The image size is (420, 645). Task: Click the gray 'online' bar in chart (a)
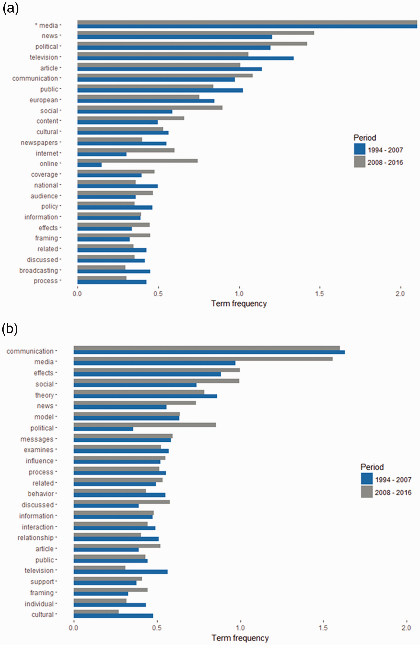(x=137, y=161)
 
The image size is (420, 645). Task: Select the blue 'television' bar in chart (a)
(x=185, y=58)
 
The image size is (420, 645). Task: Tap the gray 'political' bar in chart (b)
(x=145, y=425)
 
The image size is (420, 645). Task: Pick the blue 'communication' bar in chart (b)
(x=209, y=352)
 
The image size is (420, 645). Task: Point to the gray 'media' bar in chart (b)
(x=203, y=359)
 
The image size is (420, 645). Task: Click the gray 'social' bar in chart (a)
(x=150, y=108)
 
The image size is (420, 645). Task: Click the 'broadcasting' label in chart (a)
(x=39, y=270)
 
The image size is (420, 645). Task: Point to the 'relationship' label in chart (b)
(x=36, y=538)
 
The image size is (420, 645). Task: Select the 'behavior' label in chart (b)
(x=41, y=494)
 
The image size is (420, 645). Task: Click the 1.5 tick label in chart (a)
(x=320, y=294)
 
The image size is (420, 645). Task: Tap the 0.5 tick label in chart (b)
(x=157, y=628)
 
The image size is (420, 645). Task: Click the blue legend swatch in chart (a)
(x=360, y=149)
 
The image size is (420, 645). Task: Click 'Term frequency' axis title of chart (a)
(x=239, y=304)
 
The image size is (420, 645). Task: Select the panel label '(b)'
(x=10, y=329)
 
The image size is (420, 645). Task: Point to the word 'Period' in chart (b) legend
(x=372, y=467)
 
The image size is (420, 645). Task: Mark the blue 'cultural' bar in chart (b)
(x=113, y=616)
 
